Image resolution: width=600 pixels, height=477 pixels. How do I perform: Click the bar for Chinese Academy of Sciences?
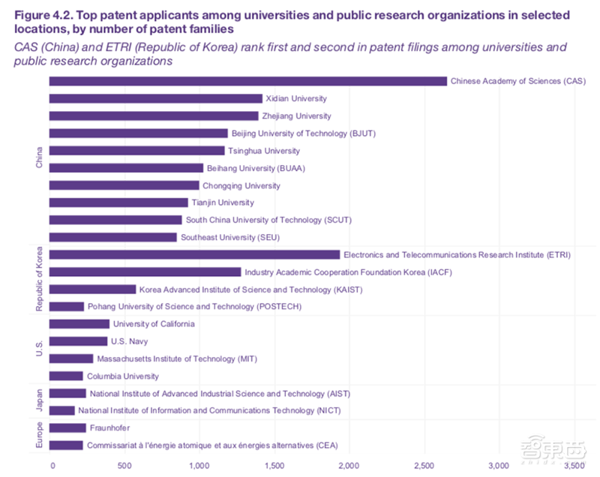coord(247,81)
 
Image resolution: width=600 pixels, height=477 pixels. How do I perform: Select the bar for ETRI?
coord(194,255)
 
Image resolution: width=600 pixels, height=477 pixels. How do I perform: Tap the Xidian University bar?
coord(155,98)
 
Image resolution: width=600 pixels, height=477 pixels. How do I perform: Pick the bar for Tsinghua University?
coord(136,151)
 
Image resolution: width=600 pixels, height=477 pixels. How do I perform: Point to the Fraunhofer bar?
coord(67,428)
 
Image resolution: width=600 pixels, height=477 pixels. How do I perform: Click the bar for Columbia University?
coord(66,376)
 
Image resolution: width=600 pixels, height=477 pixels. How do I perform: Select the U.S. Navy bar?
coord(78,341)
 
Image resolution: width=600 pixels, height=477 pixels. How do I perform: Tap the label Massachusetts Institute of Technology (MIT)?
coord(177,358)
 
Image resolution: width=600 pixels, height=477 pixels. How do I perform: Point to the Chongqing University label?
coord(241,185)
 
